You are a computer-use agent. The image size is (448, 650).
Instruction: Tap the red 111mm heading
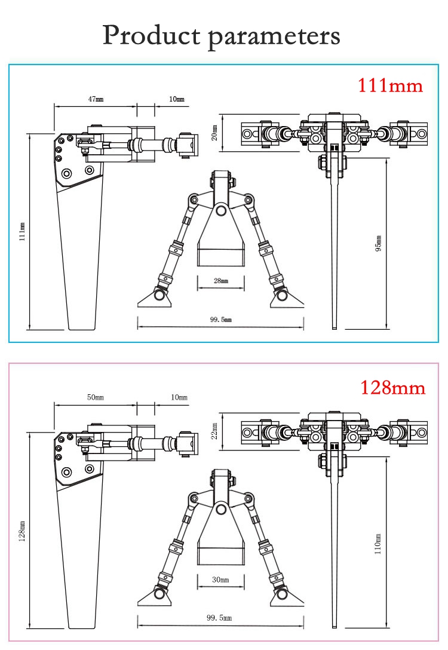(x=390, y=85)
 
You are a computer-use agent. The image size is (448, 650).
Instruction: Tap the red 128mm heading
(x=392, y=388)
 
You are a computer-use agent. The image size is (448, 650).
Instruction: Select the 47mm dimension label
(x=96, y=99)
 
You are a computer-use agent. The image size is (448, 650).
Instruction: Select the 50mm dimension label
(x=96, y=397)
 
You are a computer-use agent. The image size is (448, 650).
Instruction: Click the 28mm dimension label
(x=220, y=280)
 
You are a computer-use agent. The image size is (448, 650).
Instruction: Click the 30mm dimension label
(x=220, y=580)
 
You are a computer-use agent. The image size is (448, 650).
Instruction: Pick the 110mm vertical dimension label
(x=378, y=543)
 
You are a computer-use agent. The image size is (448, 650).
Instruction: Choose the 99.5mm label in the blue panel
(x=220, y=320)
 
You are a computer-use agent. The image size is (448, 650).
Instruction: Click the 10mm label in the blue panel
(x=176, y=99)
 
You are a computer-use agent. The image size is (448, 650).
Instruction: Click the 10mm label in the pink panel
(x=179, y=397)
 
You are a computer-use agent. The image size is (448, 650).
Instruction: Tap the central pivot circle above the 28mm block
(x=221, y=210)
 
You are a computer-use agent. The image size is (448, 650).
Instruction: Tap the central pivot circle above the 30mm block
(x=221, y=508)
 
